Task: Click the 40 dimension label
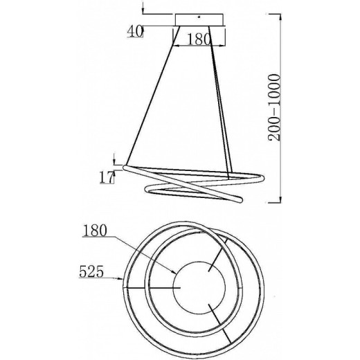135,31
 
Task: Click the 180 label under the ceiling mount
199,39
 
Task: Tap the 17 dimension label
107,177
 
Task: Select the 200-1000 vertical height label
274,107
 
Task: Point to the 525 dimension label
91,271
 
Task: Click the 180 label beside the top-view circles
95,231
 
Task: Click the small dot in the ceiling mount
199,17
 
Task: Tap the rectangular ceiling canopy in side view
199,20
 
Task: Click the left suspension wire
152,95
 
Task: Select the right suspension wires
219,102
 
